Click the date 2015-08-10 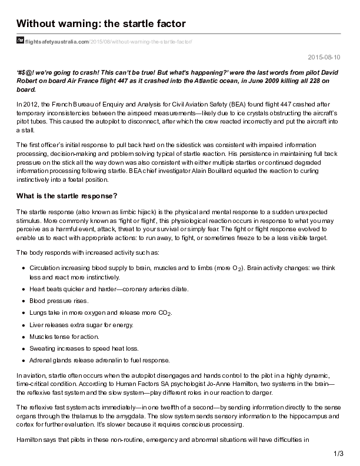pyautogui.click(x=327, y=57)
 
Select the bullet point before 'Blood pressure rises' pyautogui.click(x=23, y=301)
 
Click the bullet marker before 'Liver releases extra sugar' pyautogui.click(x=23, y=325)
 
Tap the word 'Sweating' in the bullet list pyautogui.click(x=42, y=348)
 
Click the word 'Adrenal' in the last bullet pyautogui.click(x=39, y=360)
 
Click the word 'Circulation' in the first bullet pyautogui.click(x=46, y=267)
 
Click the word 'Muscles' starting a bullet pyautogui.click(x=41, y=337)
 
